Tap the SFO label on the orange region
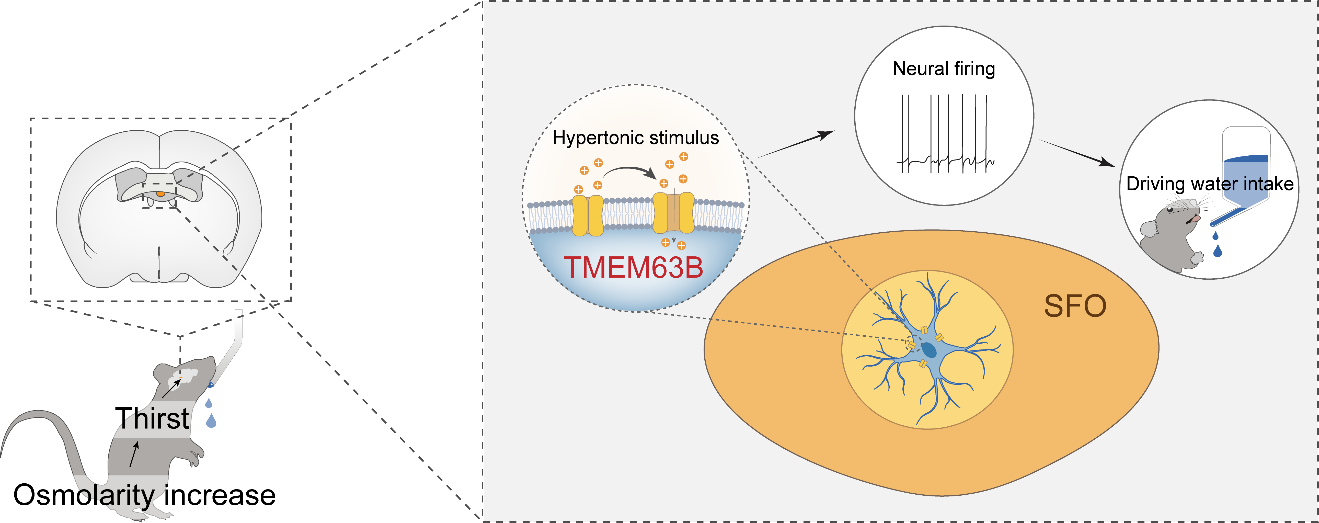(x=1075, y=306)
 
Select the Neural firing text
(x=944, y=69)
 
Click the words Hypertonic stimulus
(x=635, y=138)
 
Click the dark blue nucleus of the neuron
(x=929, y=350)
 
